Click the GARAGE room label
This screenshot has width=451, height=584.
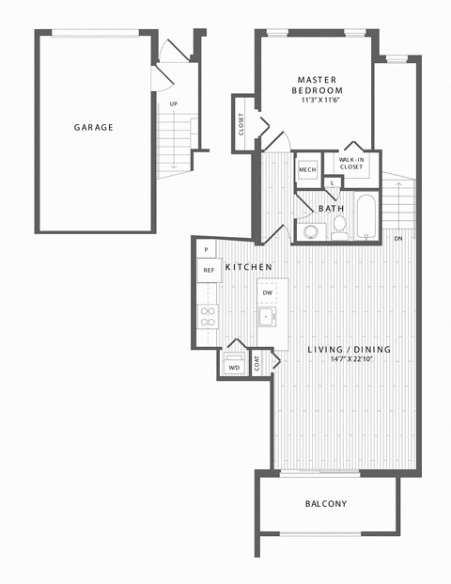93,127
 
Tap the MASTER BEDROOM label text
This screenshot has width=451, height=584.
318,85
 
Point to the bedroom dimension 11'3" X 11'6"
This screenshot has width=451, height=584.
321,100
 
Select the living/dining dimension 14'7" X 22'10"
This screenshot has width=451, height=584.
351,359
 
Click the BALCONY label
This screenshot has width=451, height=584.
326,503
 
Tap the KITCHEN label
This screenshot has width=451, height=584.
249,267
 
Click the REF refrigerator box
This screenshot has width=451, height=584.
210,270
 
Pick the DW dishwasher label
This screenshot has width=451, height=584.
268,292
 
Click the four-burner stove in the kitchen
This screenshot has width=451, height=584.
208,316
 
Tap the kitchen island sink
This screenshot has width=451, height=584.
268,317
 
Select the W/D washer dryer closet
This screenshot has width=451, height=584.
234,363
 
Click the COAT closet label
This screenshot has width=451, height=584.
257,363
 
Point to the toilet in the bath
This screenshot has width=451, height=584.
339,228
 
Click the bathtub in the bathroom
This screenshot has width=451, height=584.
366,216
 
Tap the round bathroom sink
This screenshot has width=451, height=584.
310,232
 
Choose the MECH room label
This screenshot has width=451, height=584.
307,169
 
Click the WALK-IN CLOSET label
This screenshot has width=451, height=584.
351,163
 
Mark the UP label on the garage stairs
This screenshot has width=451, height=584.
174,104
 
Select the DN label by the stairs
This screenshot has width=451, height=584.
398,239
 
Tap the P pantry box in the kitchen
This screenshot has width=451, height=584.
206,249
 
